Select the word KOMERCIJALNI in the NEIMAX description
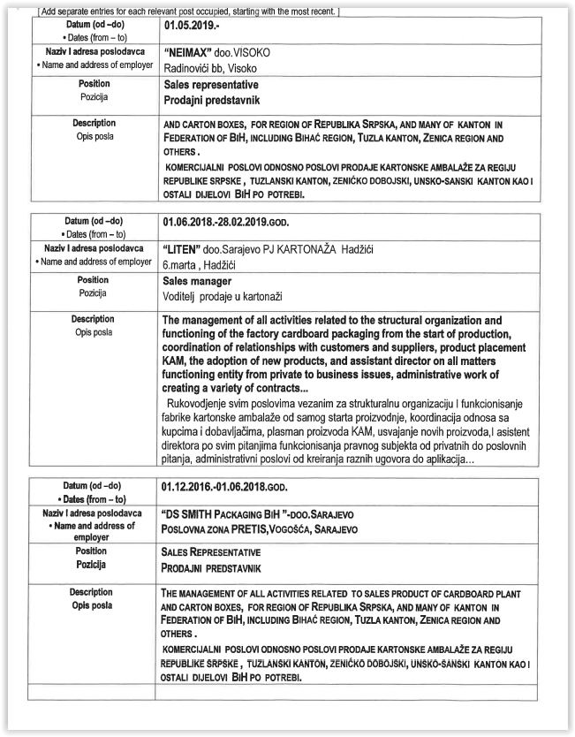coord(200,167)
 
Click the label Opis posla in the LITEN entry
coord(93,333)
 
